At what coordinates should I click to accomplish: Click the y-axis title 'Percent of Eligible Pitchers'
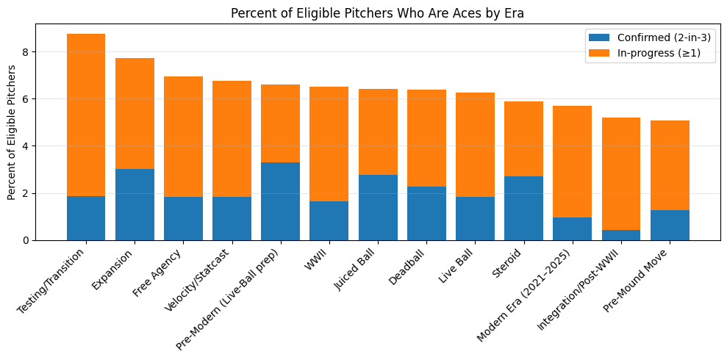tap(12, 132)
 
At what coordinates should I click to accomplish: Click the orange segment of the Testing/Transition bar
tap(86, 115)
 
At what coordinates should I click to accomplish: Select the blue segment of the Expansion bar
tap(135, 204)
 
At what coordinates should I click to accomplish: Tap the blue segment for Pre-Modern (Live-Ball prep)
tap(280, 201)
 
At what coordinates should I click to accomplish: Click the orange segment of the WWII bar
tap(329, 144)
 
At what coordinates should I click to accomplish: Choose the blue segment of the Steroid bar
tap(523, 208)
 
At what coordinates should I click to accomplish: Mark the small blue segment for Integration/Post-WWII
tap(621, 235)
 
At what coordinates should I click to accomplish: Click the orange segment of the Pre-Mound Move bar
tap(670, 165)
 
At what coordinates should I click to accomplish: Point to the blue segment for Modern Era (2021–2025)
tap(572, 228)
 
